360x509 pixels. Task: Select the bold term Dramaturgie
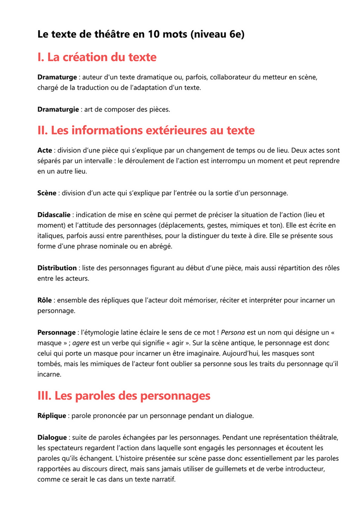[x=58, y=109]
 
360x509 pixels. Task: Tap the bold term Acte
[x=45, y=150]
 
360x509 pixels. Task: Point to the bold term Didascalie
[x=54, y=215]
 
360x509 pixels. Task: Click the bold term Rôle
[x=45, y=300]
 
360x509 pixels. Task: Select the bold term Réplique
[x=52, y=416]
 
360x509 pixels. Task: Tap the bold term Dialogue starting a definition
[x=52, y=437]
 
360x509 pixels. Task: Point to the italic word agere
[x=81, y=343]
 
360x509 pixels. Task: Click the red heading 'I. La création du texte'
[x=97, y=57]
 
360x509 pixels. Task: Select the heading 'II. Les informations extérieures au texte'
[x=146, y=130]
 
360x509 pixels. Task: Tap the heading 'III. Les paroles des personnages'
[x=124, y=396]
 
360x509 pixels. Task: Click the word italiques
[x=53, y=236]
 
